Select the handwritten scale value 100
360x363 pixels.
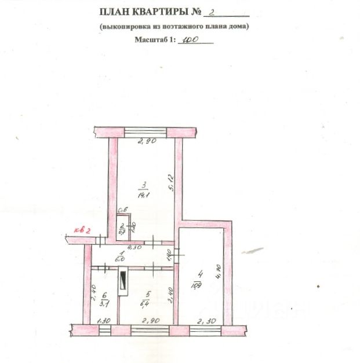click(190, 41)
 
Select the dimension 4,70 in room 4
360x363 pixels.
click(219, 272)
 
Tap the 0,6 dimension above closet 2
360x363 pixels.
click(123, 211)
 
